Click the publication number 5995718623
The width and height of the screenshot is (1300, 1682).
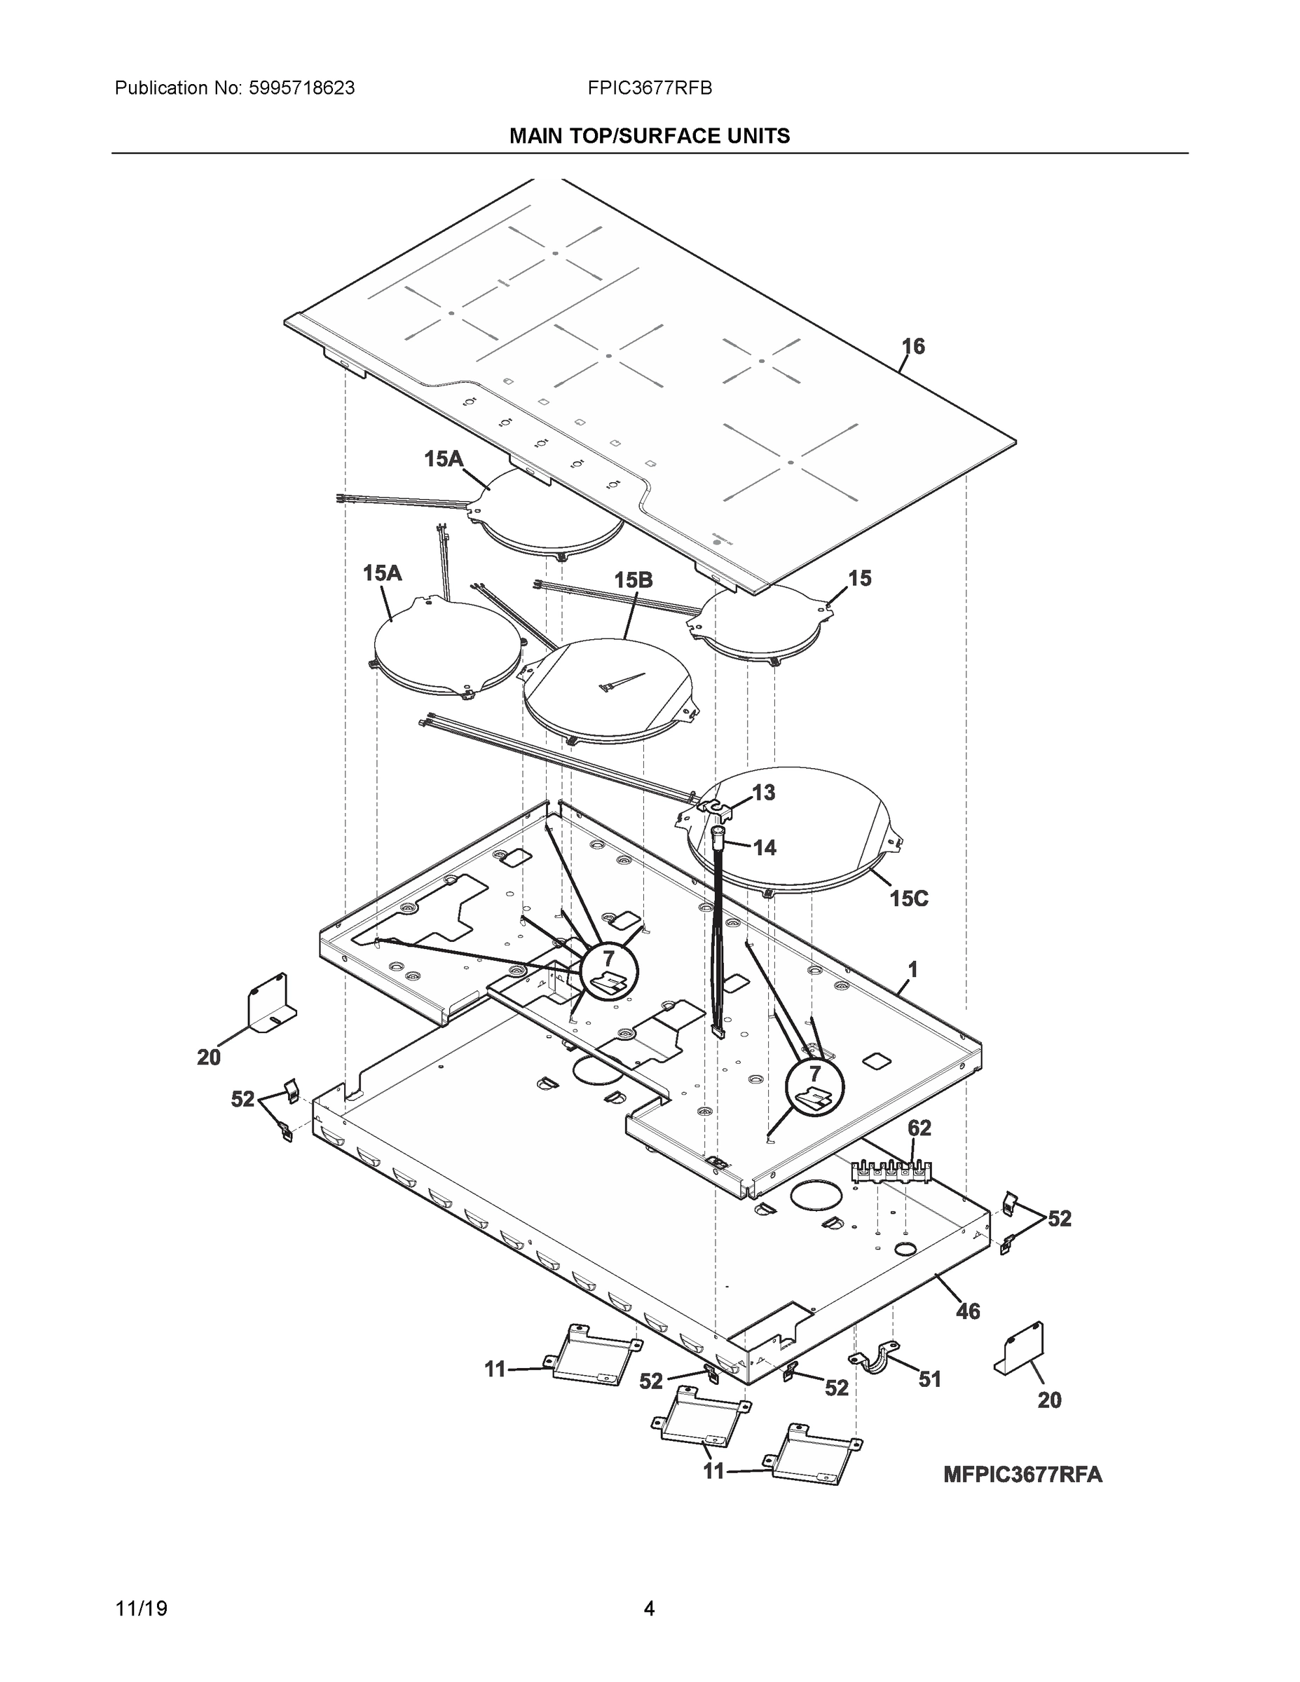pyautogui.click(x=301, y=88)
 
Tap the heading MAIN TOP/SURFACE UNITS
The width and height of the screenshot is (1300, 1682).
pyautogui.click(x=649, y=137)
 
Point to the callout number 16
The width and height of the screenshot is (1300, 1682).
pyautogui.click(x=912, y=347)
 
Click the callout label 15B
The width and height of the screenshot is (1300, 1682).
pyautogui.click(x=633, y=580)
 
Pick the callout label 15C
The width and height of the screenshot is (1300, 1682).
pyautogui.click(x=909, y=898)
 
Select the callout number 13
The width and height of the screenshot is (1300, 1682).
pyautogui.click(x=763, y=793)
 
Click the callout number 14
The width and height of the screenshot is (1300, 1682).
pyautogui.click(x=764, y=848)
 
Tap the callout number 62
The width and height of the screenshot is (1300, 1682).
pyautogui.click(x=919, y=1128)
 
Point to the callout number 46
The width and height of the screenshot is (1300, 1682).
pyautogui.click(x=967, y=1311)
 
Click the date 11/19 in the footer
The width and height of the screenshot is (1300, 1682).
pyautogui.click(x=141, y=1609)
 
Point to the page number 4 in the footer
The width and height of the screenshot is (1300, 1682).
pyautogui.click(x=648, y=1609)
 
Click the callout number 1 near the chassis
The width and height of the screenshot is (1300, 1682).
pyautogui.click(x=912, y=971)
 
